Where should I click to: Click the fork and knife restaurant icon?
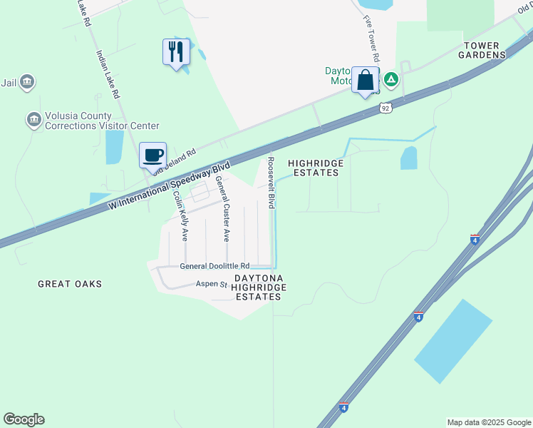pyautogui.click(x=176, y=51)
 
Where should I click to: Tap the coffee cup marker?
pyautogui.click(x=152, y=154)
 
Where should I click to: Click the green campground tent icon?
pyautogui.click(x=390, y=78)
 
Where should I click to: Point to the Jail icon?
pyautogui.click(x=27, y=83)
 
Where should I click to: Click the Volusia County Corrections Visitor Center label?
pyautogui.click(x=78, y=121)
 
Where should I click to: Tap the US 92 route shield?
pyautogui.click(x=385, y=108)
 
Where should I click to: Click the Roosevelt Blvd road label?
pyautogui.click(x=270, y=183)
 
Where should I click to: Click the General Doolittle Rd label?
pyautogui.click(x=214, y=265)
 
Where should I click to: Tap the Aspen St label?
pyautogui.click(x=212, y=284)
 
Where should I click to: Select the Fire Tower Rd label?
pyautogui.click(x=371, y=40)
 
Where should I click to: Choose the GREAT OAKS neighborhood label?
pyautogui.click(x=70, y=284)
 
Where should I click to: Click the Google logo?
pyautogui.click(x=24, y=419)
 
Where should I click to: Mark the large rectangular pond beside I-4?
pyautogui.click(x=453, y=341)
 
